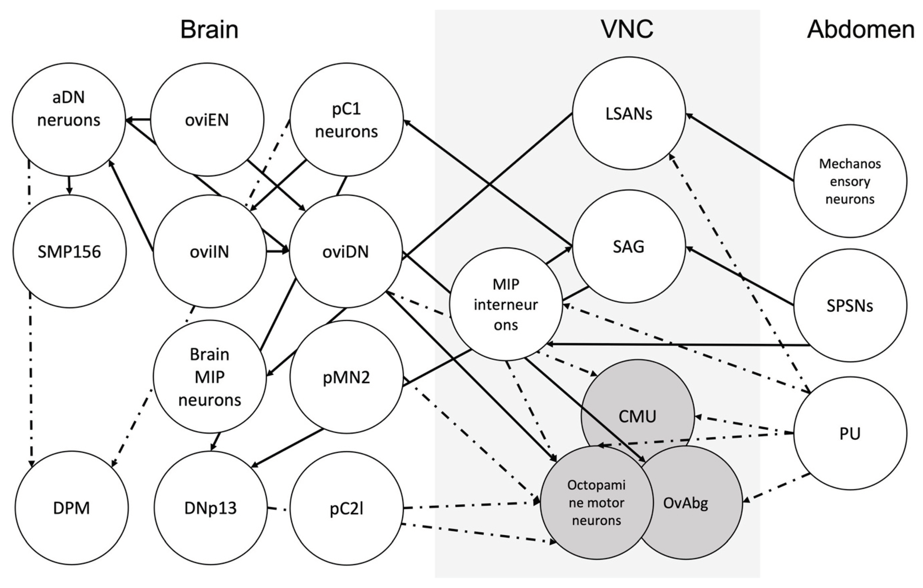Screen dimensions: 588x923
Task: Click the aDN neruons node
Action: tap(69, 109)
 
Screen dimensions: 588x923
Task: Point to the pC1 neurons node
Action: tap(346, 120)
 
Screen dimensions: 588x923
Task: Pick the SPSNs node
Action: tap(850, 306)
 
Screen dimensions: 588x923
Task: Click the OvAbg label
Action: tap(685, 503)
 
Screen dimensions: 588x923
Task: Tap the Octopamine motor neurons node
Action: tap(596, 503)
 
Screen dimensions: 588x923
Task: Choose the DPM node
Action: tap(72, 508)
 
